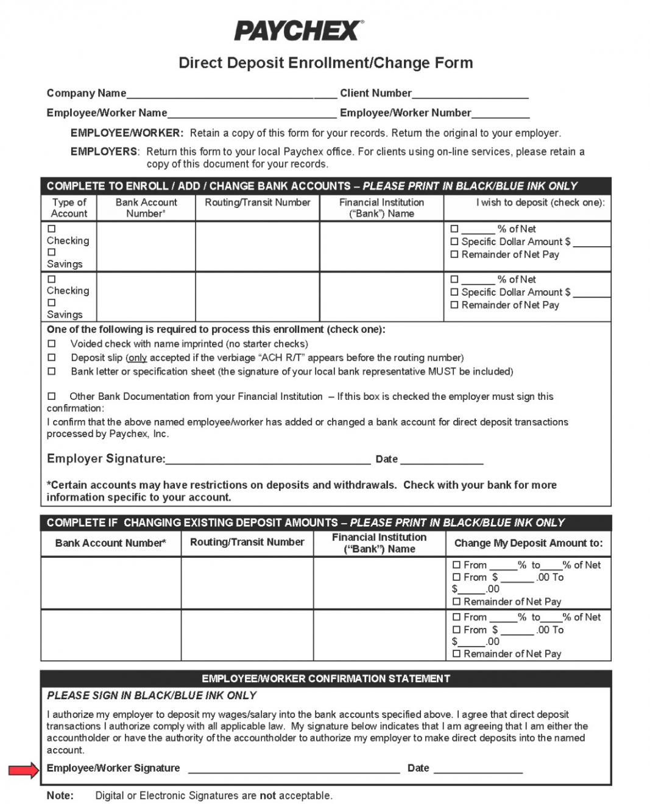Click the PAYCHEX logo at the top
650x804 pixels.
tap(299, 30)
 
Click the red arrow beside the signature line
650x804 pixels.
tap(23, 771)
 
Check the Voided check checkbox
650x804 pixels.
tap(52, 344)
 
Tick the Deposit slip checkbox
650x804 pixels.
tap(52, 358)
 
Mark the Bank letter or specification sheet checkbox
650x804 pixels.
tap(52, 371)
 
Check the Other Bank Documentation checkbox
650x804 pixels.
tap(52, 396)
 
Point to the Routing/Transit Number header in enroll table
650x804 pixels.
tap(258, 202)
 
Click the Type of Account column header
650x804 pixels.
tap(69, 208)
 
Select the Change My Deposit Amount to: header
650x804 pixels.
tap(528, 543)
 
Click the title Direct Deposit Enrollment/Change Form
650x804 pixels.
tap(325, 63)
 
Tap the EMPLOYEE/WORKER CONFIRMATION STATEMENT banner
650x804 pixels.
tap(326, 678)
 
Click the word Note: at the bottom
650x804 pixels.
tap(60, 795)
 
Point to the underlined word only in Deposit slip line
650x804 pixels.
tap(137, 358)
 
